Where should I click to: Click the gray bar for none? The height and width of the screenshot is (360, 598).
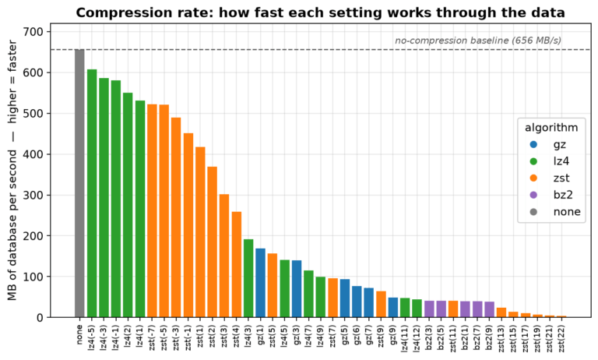pyautogui.click(x=79, y=183)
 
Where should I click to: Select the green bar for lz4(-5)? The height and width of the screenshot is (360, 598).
pyautogui.click(x=92, y=193)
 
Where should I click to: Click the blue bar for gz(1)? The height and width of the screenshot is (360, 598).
pyautogui.click(x=261, y=283)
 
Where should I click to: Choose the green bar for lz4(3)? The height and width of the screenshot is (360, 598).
pyautogui.click(x=248, y=278)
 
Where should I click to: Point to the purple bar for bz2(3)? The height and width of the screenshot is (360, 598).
pyautogui.click(x=430, y=309)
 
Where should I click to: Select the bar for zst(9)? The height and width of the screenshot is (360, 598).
pyautogui.click(x=381, y=304)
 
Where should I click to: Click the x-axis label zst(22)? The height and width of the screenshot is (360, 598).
pyautogui.click(x=561, y=338)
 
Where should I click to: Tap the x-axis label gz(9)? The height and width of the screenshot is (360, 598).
pyautogui.click(x=393, y=336)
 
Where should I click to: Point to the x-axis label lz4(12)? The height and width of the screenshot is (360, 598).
pyautogui.click(x=417, y=338)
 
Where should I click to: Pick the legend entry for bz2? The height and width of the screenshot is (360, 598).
pyautogui.click(x=551, y=195)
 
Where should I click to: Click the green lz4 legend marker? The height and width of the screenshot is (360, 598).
pyautogui.click(x=533, y=161)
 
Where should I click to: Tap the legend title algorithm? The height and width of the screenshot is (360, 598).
pyautogui.click(x=551, y=128)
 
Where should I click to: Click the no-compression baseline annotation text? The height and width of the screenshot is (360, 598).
pyautogui.click(x=478, y=41)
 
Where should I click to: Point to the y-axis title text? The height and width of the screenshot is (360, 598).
pyautogui.click(x=12, y=170)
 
